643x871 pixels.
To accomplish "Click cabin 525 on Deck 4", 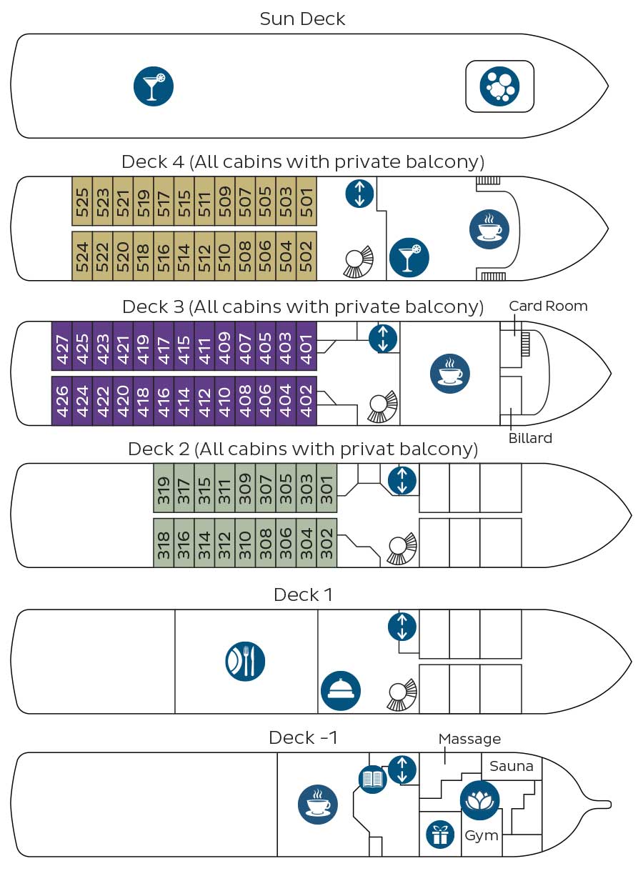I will click(x=82, y=201).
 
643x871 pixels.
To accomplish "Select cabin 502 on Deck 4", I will click(x=306, y=256).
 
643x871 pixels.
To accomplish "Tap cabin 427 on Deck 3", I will click(x=61, y=346).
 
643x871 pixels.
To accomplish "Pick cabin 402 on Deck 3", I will click(x=306, y=401).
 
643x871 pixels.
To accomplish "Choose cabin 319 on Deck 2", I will click(x=164, y=488).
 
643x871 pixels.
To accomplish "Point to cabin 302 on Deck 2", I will click(x=327, y=543).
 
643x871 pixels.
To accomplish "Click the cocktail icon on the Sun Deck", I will click(x=154, y=86).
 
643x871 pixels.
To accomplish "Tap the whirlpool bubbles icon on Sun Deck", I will click(x=499, y=86).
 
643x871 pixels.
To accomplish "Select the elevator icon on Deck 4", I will click(x=359, y=194).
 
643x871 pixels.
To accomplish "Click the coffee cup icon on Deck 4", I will click(x=489, y=229).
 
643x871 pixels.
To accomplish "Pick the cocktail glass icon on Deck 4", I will click(x=409, y=257).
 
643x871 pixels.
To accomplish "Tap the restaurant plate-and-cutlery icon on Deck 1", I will click(x=245, y=661).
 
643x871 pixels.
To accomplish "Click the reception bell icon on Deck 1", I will click(x=341, y=690).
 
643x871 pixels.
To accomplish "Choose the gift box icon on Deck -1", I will click(x=440, y=835).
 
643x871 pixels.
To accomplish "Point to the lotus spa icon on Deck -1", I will click(x=480, y=800).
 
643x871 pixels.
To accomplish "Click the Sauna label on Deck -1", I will click(x=512, y=767).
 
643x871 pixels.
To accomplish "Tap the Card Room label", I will click(x=548, y=307).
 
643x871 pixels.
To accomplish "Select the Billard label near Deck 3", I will click(x=530, y=438).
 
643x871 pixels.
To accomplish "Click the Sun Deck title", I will click(x=302, y=19).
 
